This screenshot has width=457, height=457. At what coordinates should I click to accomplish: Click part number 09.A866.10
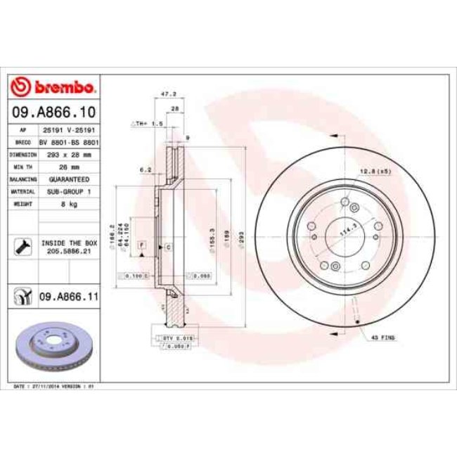(x=53, y=112)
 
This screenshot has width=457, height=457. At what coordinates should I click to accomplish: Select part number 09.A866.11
(x=67, y=297)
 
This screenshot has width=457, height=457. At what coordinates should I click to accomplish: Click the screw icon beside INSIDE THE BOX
(x=22, y=245)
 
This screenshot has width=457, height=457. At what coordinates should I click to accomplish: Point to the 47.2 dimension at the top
(x=167, y=93)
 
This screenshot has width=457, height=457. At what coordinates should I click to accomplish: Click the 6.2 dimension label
(x=146, y=169)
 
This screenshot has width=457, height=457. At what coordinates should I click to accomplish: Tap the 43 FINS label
(x=385, y=337)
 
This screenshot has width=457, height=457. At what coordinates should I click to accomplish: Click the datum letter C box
(x=169, y=248)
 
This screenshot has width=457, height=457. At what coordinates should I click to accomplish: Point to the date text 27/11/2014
(x=48, y=386)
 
